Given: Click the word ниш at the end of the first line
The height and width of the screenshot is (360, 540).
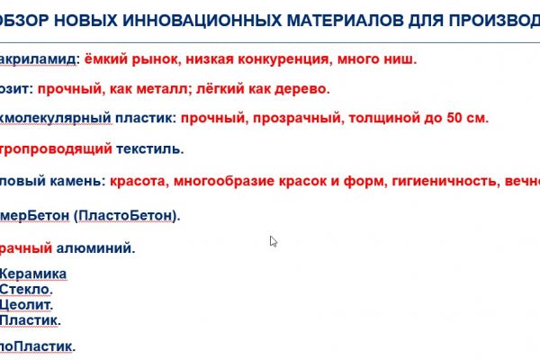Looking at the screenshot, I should [x=402, y=59].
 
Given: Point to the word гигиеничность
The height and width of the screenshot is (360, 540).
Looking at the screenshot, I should [x=440, y=180].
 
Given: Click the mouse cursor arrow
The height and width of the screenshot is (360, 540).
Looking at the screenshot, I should [x=273, y=240].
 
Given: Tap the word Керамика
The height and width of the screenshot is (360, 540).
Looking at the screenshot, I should [x=33, y=274].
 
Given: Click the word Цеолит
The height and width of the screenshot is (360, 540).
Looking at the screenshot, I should [x=27, y=304].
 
